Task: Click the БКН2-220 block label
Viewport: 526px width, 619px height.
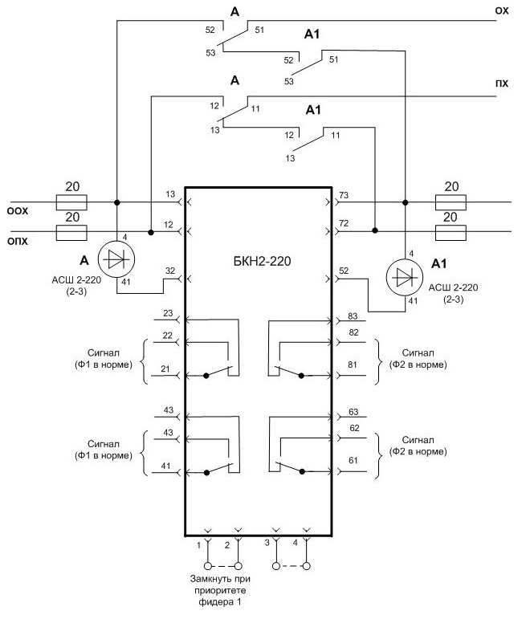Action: [x=263, y=261]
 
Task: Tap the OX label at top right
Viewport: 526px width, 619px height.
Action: [x=502, y=11]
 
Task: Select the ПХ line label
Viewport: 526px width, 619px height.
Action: [x=502, y=83]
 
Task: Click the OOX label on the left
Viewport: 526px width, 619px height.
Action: [x=18, y=211]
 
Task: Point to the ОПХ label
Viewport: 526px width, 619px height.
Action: [x=18, y=241]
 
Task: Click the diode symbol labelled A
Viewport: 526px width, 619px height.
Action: [x=116, y=259]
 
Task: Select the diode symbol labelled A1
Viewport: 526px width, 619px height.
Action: [x=405, y=278]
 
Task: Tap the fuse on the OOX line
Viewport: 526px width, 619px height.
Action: [x=71, y=202]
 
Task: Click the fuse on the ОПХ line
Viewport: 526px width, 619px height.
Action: [x=71, y=233]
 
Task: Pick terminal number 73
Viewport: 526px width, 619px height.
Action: [x=344, y=195]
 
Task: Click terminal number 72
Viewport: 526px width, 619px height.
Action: [x=344, y=223]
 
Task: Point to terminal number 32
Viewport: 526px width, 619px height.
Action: [x=170, y=271]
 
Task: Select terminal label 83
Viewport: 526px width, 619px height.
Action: [x=353, y=316]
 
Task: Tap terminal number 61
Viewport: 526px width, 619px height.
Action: [x=353, y=460]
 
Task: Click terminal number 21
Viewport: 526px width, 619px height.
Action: [x=165, y=369]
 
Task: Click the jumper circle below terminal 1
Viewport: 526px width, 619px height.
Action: [x=208, y=566]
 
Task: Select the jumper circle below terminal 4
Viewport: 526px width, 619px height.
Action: [x=307, y=566]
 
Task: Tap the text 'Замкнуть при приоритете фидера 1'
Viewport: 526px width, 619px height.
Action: [x=220, y=591]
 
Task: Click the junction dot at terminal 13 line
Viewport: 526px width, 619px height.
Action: [x=117, y=202]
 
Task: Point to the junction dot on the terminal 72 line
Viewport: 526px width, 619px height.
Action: [x=375, y=230]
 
